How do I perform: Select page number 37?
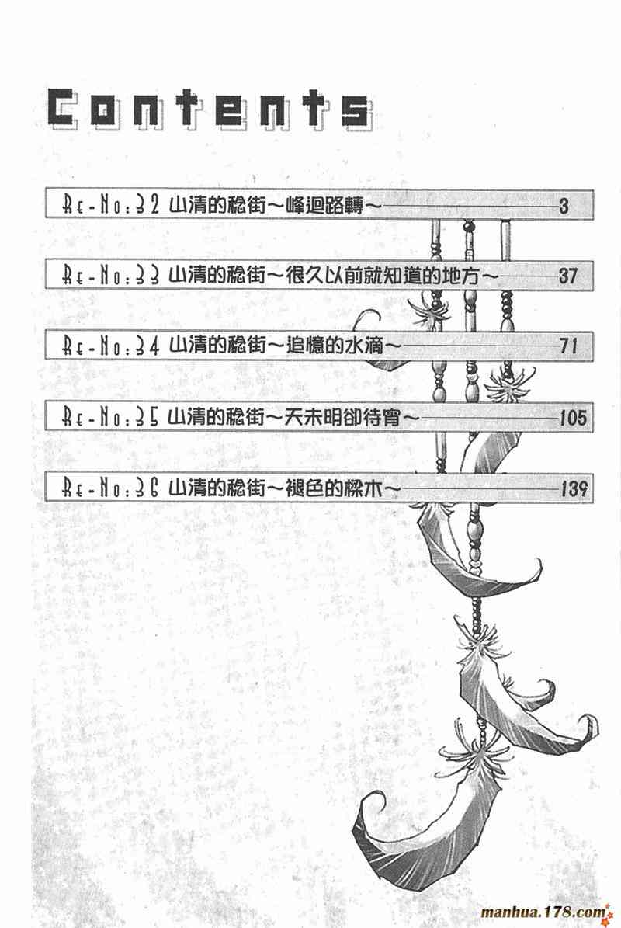click(568, 275)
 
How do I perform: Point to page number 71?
click(568, 347)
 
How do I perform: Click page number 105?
click(573, 419)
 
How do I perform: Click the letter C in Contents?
click(65, 109)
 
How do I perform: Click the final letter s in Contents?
click(355, 109)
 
